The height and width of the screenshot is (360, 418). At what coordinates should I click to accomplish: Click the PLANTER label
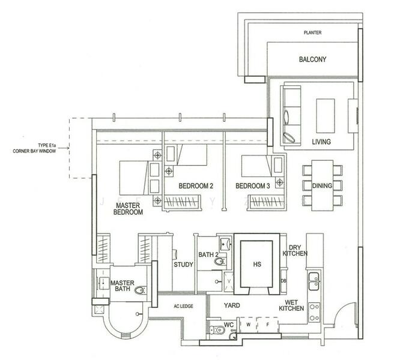click(313, 32)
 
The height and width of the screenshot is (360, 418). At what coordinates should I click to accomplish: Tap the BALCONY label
click(312, 59)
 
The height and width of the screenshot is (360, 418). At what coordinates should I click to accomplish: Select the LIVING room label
click(325, 142)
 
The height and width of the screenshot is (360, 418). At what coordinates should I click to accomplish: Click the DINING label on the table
click(322, 185)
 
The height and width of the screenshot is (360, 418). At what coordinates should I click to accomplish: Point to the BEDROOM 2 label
click(196, 186)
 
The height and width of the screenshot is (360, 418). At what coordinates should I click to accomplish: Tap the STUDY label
click(183, 264)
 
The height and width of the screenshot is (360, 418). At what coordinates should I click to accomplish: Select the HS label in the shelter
click(257, 263)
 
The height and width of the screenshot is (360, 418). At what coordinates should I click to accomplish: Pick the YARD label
click(232, 305)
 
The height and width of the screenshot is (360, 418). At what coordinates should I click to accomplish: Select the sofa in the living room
click(290, 115)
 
